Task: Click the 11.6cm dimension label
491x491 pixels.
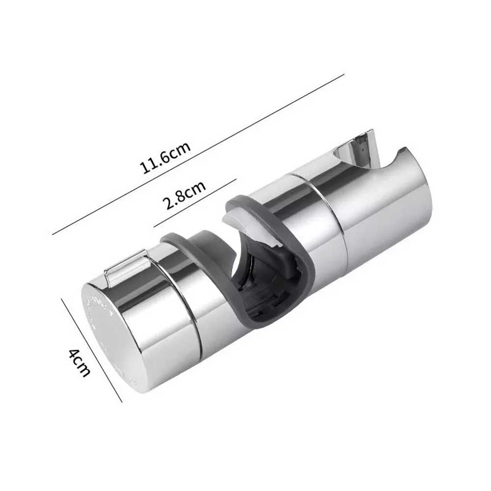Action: tap(166, 158)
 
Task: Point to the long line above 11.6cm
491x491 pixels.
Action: tap(198, 154)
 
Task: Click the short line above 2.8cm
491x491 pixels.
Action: tap(195, 203)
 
